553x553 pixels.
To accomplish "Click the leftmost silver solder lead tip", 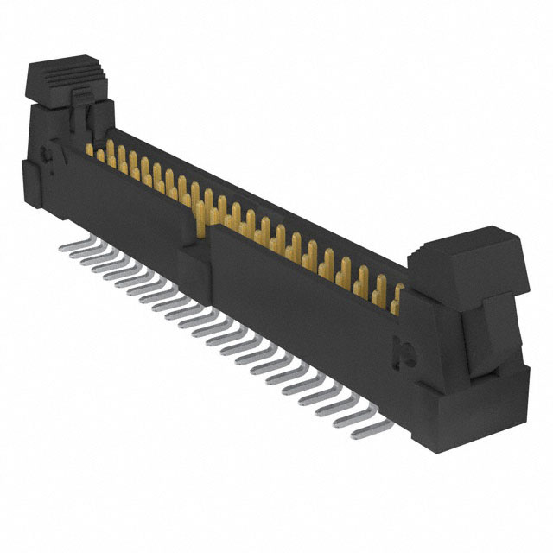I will (64, 248).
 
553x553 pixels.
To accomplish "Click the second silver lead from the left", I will (75, 255).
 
